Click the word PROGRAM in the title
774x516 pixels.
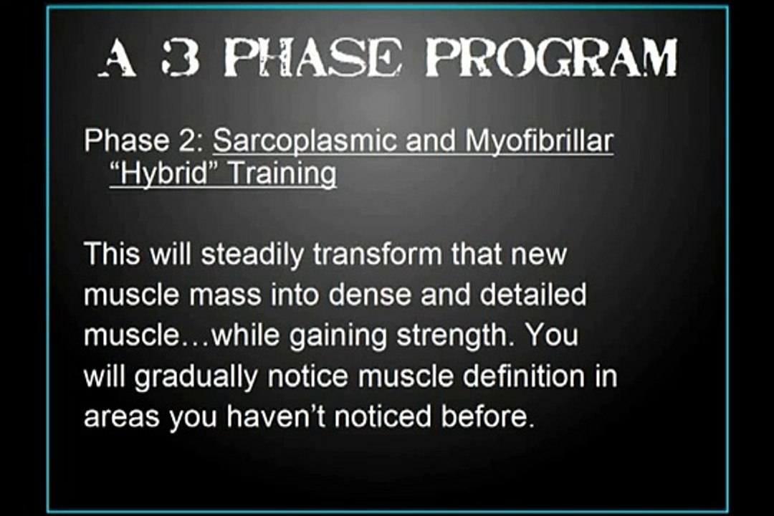point(551,59)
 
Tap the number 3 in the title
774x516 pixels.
point(179,59)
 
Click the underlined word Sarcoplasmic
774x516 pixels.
point(305,141)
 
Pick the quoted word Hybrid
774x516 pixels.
point(164,174)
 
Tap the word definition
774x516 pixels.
point(524,376)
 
